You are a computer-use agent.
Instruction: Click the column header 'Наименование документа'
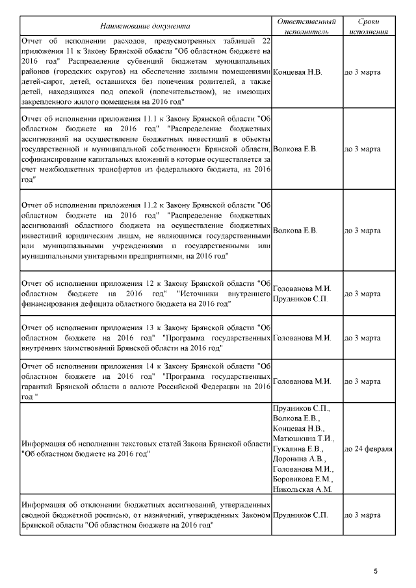146,26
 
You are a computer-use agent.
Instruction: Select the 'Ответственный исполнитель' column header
307,26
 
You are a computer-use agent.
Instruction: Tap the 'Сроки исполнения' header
369,26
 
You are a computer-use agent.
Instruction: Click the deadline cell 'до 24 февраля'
369,448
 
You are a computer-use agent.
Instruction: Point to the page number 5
376,571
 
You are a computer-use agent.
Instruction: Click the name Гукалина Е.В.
298,448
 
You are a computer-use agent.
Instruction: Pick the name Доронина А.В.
300,459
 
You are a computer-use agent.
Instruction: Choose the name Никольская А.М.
303,489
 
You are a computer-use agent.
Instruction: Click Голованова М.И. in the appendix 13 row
303,338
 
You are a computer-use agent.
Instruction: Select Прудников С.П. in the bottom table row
300,515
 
